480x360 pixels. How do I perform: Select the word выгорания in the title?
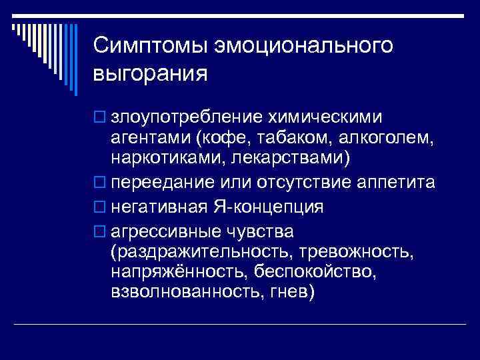(151, 73)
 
